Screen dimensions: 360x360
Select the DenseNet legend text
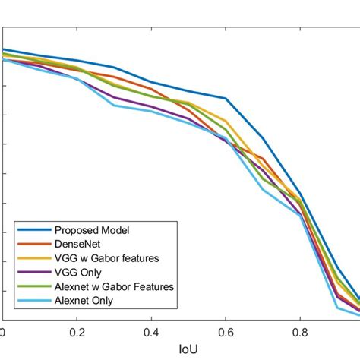pyautogui.click(x=75, y=244)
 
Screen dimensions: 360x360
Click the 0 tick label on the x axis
pyautogui.click(x=3, y=332)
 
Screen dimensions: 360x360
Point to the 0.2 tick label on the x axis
pyautogui.click(x=77, y=332)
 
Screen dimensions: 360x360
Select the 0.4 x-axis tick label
pyautogui.click(x=152, y=332)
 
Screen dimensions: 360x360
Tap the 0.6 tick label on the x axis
pyautogui.click(x=226, y=332)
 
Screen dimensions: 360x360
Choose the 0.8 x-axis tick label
pyautogui.click(x=301, y=332)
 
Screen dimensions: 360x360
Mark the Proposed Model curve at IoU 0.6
pyautogui.click(x=226, y=99)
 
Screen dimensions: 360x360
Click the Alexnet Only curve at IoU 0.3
pyautogui.click(x=115, y=105)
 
